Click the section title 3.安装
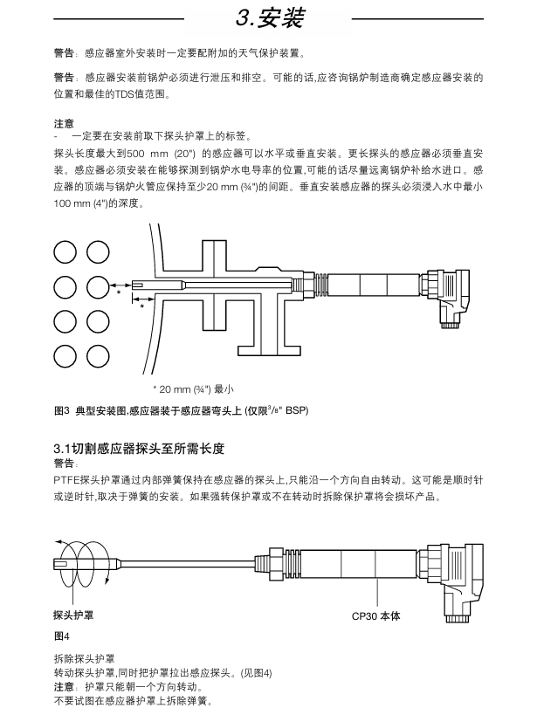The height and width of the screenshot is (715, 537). (271, 17)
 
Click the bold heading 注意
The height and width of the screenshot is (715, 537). (64, 123)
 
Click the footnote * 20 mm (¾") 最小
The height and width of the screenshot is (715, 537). (194, 388)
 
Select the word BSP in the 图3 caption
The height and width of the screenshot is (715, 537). (298, 409)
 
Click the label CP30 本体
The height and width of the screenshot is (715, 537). (375, 615)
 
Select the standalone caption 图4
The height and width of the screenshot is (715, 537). (61, 635)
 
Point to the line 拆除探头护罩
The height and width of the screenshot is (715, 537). (84, 658)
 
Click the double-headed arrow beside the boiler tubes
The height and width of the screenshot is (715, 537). (120, 285)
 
